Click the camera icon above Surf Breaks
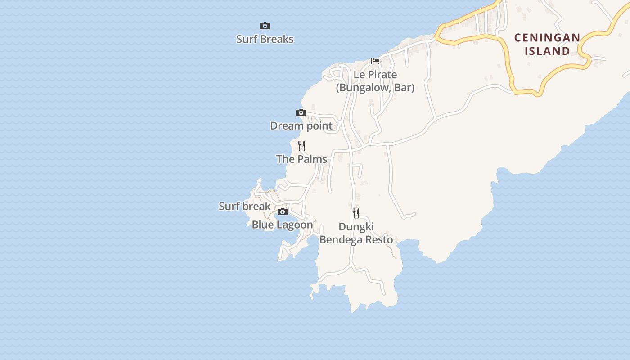[265, 26]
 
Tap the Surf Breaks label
[265, 39]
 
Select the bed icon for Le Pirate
[375, 61]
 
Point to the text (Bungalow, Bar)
[375, 87]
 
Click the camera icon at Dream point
[301, 113]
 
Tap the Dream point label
[301, 126]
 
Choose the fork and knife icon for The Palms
[301, 146]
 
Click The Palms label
[301, 159]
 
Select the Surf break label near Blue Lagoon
[244, 207]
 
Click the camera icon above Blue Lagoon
[283, 212]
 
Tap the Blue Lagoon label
[282, 225]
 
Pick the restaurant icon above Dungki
[356, 213]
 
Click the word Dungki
[356, 227]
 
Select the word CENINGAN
[547, 38]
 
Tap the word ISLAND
[547, 51]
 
